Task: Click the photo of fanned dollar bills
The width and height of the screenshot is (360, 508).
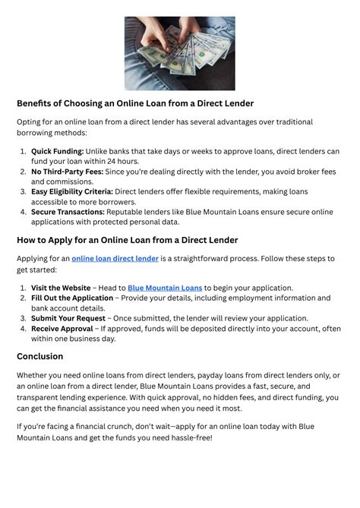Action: [x=179, y=53]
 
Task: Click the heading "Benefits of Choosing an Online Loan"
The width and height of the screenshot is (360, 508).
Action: [x=135, y=103]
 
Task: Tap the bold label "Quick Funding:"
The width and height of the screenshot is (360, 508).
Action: [x=57, y=151]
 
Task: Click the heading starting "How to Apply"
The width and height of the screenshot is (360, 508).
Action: [x=127, y=240]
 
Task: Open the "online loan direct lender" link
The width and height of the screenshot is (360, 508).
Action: [x=115, y=259]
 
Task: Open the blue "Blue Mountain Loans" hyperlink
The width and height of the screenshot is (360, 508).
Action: [x=165, y=288]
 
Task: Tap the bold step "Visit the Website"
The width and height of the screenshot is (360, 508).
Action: [x=60, y=288]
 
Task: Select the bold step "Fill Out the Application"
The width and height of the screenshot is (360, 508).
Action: [x=72, y=298]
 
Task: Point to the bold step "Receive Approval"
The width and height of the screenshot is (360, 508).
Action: [x=62, y=329]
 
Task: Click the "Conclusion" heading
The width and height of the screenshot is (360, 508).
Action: [x=39, y=356]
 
